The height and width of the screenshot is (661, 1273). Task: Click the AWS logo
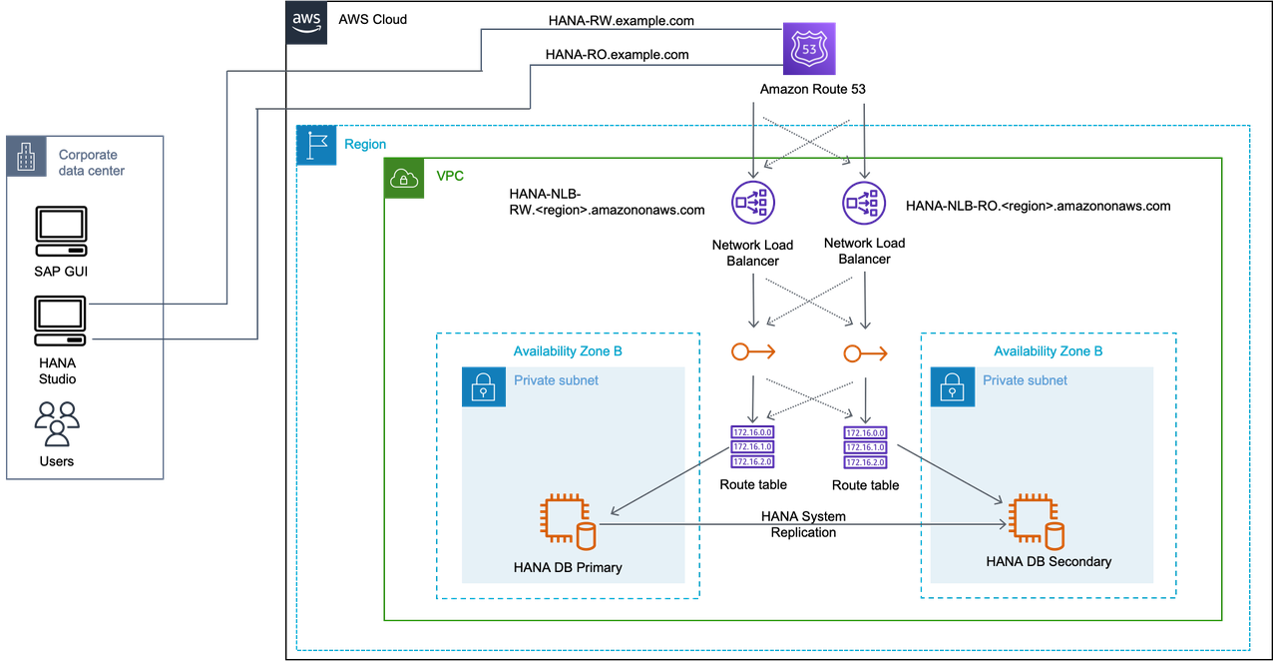[x=307, y=23]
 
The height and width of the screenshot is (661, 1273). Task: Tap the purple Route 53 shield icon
[x=808, y=49]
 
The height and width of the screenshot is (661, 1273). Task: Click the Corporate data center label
[x=90, y=163]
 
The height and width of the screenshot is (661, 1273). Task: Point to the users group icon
[x=56, y=423]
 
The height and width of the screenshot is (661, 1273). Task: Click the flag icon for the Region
[x=316, y=145]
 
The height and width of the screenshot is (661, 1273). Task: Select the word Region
[x=365, y=144]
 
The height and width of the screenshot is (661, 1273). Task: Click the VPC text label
[x=450, y=175]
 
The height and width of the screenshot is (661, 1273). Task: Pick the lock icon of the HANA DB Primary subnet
[x=483, y=386]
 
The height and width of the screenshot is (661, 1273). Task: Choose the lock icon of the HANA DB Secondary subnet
[x=951, y=386]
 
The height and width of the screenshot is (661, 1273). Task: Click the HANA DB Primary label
[x=568, y=567]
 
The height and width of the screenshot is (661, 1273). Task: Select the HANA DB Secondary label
[x=1049, y=561]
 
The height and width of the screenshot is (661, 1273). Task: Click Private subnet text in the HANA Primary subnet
[x=556, y=380]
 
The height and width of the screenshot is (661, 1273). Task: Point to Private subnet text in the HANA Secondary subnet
[x=1025, y=380]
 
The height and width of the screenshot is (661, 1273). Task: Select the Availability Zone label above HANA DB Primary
[x=568, y=351]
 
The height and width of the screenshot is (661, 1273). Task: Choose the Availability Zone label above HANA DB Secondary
[x=1049, y=351]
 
